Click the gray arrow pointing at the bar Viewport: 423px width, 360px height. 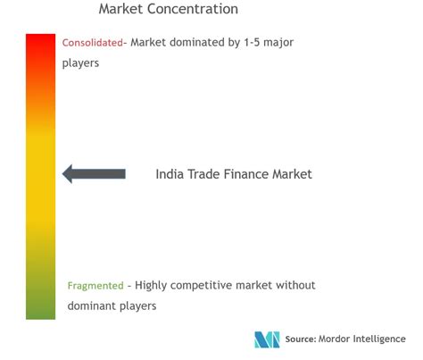coord(94,174)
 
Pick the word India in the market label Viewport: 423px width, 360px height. coord(170,174)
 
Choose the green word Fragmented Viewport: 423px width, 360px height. coord(95,286)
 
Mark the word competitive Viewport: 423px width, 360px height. coord(211,286)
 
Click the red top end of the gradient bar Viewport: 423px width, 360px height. coord(40,40)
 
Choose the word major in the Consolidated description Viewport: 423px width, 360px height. coord(280,42)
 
